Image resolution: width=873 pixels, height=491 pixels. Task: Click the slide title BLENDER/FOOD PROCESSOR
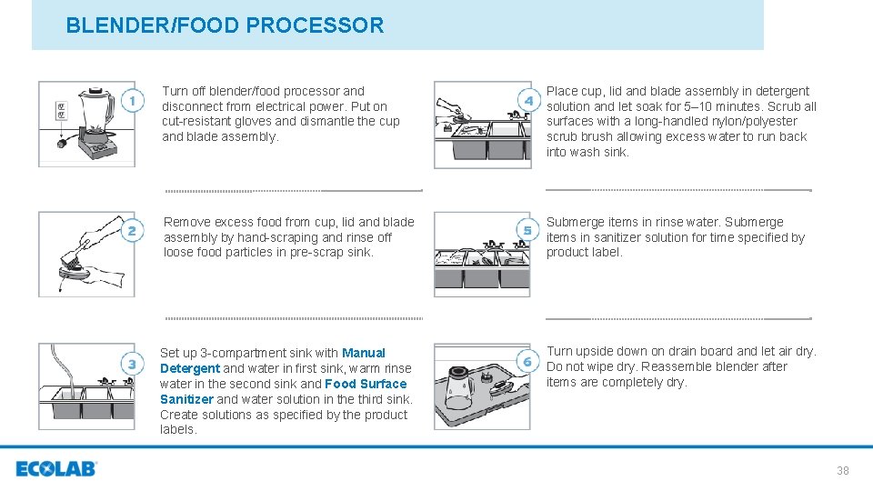click(x=225, y=25)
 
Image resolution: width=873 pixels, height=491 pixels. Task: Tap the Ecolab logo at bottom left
click(x=55, y=469)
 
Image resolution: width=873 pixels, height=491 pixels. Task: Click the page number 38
click(x=842, y=470)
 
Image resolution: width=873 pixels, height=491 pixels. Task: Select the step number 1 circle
click(x=132, y=100)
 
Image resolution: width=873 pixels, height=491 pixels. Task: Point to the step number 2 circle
click(x=132, y=231)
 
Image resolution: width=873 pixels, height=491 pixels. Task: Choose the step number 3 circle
click(x=132, y=364)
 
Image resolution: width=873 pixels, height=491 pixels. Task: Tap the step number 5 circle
click(x=527, y=230)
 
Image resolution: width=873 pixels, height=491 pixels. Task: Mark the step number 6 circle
click(x=527, y=362)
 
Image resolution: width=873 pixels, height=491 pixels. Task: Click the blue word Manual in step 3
click(x=364, y=353)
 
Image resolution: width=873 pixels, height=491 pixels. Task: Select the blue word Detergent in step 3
click(x=190, y=368)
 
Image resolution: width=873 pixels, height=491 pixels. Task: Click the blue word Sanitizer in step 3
click(x=186, y=399)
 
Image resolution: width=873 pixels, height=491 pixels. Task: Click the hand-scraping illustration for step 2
click(x=86, y=254)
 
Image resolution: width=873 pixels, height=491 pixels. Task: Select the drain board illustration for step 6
click(x=482, y=386)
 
